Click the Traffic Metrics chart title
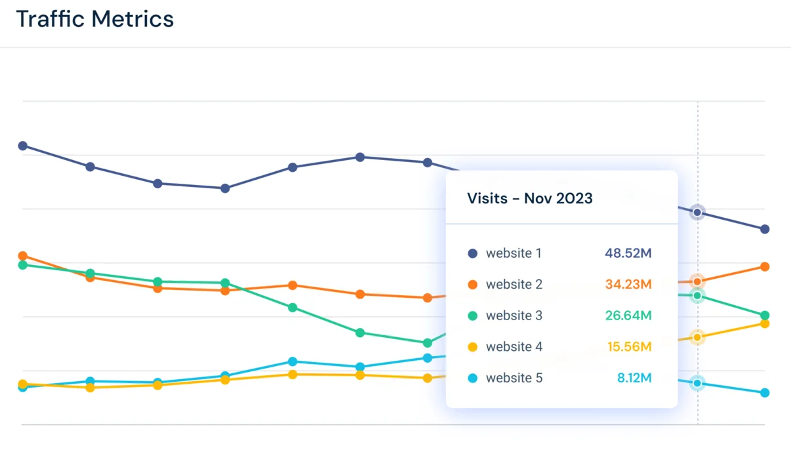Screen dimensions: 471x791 tap(95, 19)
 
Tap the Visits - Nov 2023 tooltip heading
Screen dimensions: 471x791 tap(529, 198)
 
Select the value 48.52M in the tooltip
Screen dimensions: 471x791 tap(628, 253)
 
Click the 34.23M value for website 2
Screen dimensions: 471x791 tap(628, 285)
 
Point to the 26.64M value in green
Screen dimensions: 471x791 tap(628, 316)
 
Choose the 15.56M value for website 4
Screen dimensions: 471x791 tap(629, 347)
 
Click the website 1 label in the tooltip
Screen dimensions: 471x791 tap(513, 253)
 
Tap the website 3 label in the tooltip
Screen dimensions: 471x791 tap(514, 316)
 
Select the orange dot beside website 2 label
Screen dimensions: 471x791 tap(472, 285)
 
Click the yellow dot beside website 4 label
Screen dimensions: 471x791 tap(472, 347)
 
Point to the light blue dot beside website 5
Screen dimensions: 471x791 tap(472, 379)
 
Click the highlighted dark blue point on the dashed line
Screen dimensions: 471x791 tap(697, 213)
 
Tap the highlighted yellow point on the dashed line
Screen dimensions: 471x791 tap(697, 337)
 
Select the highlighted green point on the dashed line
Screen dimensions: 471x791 tap(697, 297)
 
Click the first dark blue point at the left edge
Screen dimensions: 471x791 tap(23, 146)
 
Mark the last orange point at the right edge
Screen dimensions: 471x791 tap(765, 266)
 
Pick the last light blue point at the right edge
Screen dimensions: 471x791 tap(765, 393)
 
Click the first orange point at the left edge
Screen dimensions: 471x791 tap(23, 256)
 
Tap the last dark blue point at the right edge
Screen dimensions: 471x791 tap(765, 229)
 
